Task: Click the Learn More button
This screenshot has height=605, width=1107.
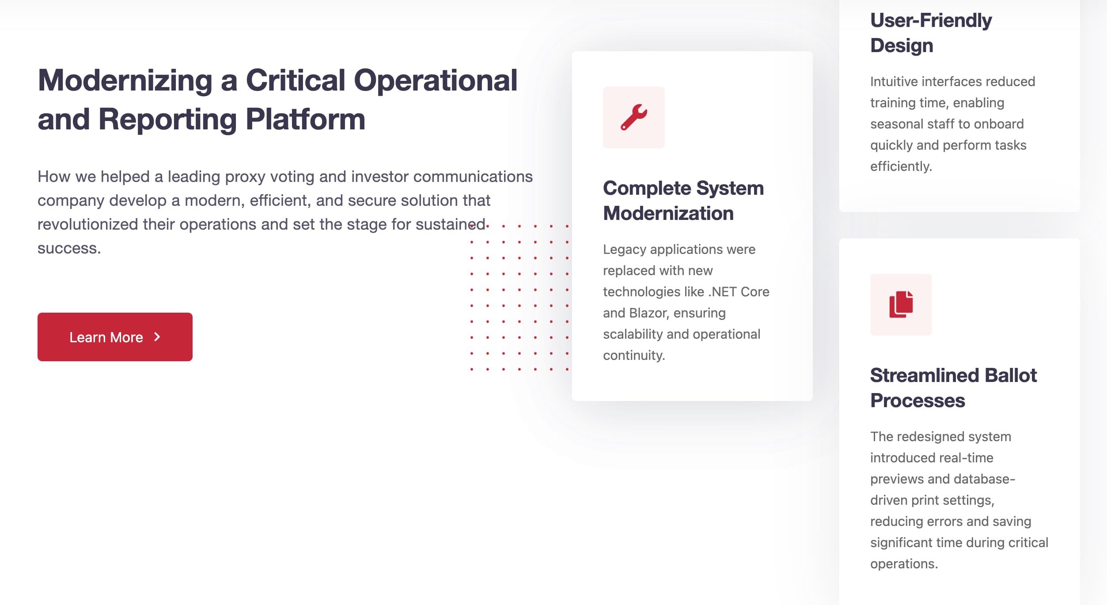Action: (x=115, y=337)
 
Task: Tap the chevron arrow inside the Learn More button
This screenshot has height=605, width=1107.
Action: (x=157, y=337)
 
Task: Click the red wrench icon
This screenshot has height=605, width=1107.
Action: (x=634, y=117)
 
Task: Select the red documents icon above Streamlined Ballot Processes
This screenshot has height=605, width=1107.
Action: (x=901, y=304)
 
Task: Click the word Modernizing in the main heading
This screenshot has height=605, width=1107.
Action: (x=125, y=81)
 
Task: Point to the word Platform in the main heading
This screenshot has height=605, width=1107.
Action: (x=305, y=119)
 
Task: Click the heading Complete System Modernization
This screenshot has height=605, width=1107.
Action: (x=683, y=200)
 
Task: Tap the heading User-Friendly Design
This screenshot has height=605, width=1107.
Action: (x=931, y=33)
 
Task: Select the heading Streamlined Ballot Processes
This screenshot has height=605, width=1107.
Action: (x=953, y=388)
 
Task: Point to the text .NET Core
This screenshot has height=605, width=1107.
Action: (x=739, y=291)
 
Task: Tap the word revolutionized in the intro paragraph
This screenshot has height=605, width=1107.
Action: (x=88, y=224)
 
